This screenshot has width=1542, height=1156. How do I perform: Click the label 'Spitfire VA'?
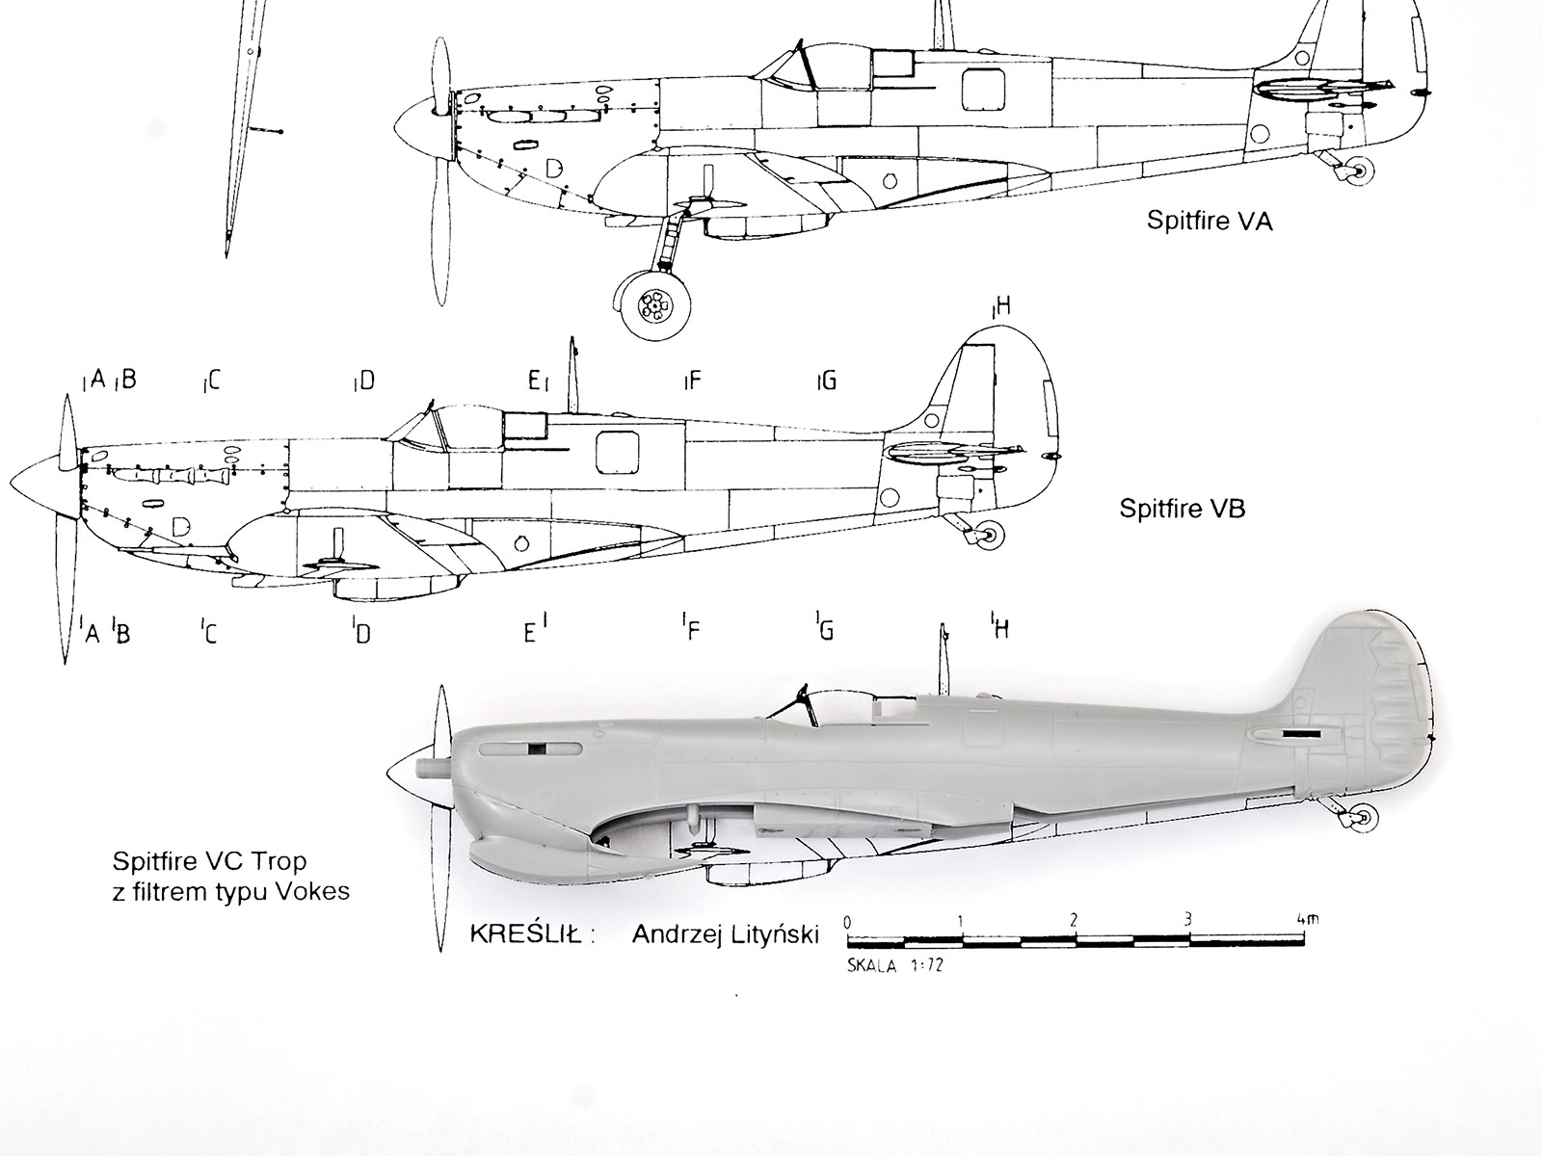[1209, 222]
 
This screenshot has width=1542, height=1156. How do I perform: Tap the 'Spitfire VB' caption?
[1182, 509]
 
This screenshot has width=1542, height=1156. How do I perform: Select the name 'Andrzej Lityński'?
[726, 933]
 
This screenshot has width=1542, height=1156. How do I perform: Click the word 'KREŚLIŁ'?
[524, 933]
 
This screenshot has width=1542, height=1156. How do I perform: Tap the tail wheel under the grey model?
[1362, 818]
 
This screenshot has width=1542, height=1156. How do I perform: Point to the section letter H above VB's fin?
[1002, 308]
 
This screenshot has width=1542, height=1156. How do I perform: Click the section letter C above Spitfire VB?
[213, 381]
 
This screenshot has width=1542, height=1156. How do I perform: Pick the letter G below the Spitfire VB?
[825, 631]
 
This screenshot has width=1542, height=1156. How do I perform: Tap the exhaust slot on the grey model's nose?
[540, 749]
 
